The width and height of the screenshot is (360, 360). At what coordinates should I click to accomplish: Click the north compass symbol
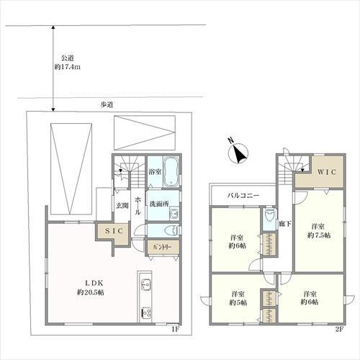click(238, 152)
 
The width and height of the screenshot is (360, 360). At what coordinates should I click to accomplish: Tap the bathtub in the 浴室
click(171, 171)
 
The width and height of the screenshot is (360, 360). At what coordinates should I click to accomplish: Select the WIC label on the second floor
click(327, 172)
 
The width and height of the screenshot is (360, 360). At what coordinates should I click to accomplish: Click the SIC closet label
click(114, 231)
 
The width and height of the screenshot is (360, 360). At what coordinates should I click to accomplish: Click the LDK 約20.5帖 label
click(91, 287)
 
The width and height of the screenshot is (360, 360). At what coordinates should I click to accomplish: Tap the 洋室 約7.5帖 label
click(319, 230)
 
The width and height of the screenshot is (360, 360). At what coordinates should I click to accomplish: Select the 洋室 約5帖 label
click(238, 298)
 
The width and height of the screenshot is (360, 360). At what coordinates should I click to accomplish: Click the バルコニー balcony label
click(243, 195)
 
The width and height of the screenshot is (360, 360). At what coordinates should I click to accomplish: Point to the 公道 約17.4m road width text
click(67, 63)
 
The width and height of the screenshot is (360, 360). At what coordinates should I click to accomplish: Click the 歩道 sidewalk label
click(107, 104)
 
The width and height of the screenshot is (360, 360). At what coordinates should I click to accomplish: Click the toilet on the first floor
click(172, 230)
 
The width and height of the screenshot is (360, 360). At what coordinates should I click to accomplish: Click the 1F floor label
click(175, 329)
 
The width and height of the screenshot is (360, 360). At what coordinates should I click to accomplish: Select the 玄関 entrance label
click(122, 205)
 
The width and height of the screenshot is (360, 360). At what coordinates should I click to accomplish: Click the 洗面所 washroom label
click(159, 204)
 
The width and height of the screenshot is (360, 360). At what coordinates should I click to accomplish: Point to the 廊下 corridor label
click(285, 224)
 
